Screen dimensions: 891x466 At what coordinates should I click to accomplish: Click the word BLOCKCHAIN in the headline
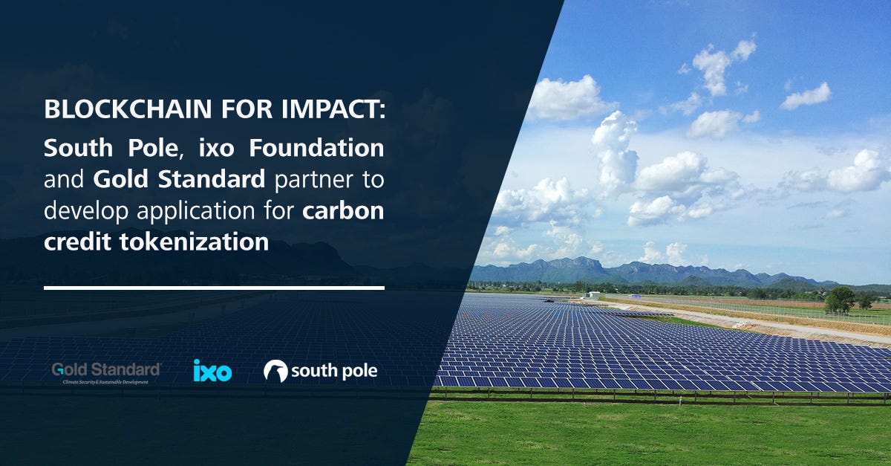(128, 109)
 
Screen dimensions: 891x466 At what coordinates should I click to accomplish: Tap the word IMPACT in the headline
(333, 109)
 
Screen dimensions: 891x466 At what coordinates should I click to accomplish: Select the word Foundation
(316, 148)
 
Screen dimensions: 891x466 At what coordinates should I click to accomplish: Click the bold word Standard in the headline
(212, 179)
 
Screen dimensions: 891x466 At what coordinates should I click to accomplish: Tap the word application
(196, 211)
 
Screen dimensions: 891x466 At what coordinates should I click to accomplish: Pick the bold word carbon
(343, 210)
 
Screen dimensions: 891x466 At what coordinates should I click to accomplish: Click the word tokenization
(194, 242)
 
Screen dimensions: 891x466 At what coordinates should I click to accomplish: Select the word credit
(77, 242)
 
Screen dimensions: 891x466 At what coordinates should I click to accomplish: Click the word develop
(86, 211)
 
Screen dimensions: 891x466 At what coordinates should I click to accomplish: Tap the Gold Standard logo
(106, 373)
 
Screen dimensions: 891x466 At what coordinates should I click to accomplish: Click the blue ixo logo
(212, 370)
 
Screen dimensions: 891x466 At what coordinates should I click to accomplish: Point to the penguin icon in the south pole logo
(275, 371)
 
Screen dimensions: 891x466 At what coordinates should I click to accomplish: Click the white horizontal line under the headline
(214, 288)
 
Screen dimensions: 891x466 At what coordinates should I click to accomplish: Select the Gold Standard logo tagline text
(105, 382)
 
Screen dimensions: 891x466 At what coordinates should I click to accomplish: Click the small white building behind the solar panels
(593, 295)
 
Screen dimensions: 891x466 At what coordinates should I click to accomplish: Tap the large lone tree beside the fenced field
(840, 300)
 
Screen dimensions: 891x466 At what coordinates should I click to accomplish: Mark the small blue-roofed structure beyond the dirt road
(635, 296)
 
